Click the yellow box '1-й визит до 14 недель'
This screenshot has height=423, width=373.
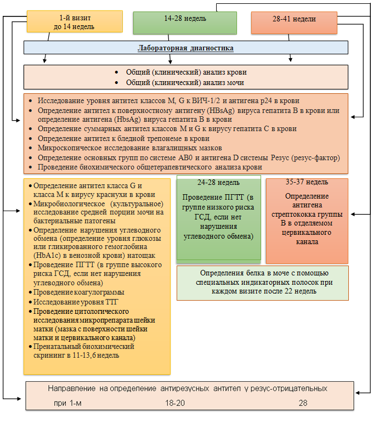click(75, 21)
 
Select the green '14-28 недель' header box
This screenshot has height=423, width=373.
click(185, 23)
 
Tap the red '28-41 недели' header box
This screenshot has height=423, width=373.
click(294, 22)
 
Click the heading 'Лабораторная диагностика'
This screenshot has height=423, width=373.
click(185, 48)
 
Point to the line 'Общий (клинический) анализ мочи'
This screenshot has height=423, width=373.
click(185, 82)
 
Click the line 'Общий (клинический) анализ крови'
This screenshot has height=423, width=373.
click(187, 72)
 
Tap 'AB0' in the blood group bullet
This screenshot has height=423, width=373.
click(185, 157)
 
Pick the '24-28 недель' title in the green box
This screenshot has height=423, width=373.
click(218, 183)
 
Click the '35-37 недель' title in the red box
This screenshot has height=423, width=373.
click(307, 182)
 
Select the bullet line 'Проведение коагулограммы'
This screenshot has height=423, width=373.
click(78, 292)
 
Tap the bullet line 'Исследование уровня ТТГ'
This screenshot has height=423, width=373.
click(76, 302)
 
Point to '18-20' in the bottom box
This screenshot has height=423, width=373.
click(175, 403)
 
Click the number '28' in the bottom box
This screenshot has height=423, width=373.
click(303, 403)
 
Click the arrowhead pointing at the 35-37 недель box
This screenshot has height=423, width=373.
click(353, 214)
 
